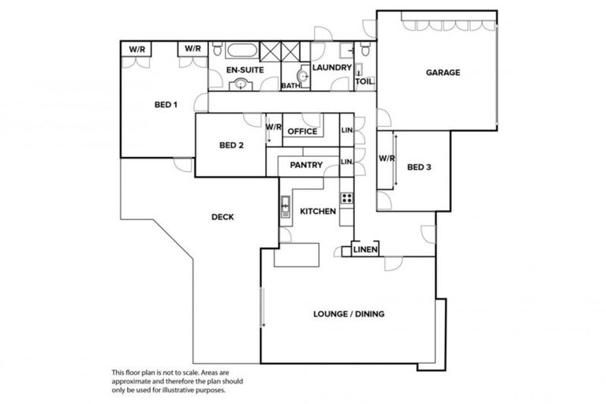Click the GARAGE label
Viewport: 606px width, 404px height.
coord(443,73)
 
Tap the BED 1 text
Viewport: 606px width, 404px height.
coord(166,104)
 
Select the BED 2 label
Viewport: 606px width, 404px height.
coord(230,145)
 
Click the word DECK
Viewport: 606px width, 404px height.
coord(224,218)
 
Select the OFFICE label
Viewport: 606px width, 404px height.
coord(301,132)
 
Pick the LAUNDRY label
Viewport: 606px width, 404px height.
coord(331,68)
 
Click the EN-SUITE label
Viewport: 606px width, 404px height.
coord(244,70)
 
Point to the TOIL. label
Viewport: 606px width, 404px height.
coord(365,81)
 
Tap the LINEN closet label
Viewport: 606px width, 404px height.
coord(365,250)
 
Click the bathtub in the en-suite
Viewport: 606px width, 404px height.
coord(241,52)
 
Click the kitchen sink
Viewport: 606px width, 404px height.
coord(285,208)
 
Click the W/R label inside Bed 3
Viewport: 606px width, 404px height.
coord(386,159)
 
